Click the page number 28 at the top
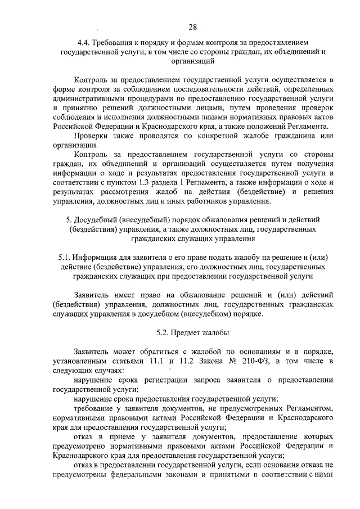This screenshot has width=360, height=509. [x=192, y=26]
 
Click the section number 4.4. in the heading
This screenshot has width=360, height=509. [x=85, y=42]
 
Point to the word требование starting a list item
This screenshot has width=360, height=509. [x=95, y=409]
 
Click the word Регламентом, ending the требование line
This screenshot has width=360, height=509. [x=308, y=409]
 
